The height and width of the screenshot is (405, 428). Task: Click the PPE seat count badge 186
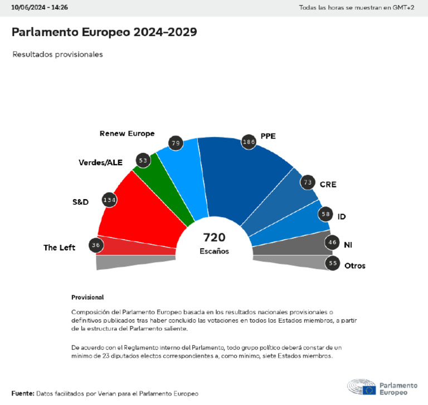(x=249, y=142)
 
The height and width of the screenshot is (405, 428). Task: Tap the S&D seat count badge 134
(x=110, y=200)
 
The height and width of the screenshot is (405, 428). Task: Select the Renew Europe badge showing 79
(x=176, y=144)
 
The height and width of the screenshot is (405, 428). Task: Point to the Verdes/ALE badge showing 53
(x=143, y=161)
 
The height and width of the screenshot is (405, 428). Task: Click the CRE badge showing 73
(x=307, y=182)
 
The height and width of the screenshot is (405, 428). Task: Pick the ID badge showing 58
(x=325, y=214)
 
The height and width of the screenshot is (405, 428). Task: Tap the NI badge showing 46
(x=332, y=242)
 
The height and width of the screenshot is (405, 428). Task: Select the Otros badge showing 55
(x=333, y=264)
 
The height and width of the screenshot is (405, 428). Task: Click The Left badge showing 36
(x=96, y=245)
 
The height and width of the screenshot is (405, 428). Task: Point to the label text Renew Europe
(x=127, y=134)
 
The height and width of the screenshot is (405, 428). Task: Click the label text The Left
(x=60, y=248)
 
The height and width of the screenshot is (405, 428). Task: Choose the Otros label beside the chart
(x=355, y=266)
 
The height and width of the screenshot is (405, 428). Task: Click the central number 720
(x=214, y=238)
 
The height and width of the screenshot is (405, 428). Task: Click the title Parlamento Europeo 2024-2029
(x=104, y=32)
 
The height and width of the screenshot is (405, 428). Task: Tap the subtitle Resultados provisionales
(x=57, y=55)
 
